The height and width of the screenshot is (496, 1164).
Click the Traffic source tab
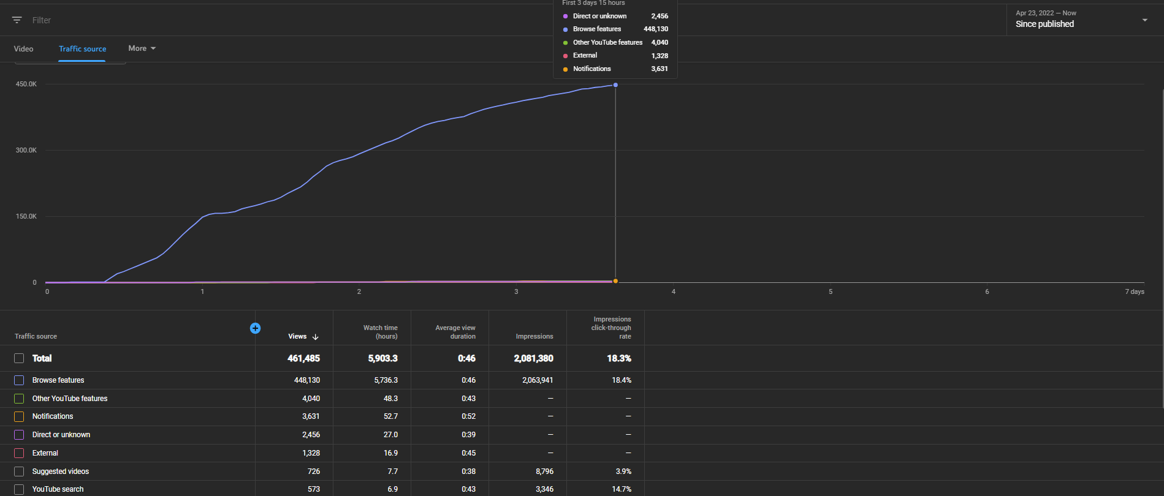82,49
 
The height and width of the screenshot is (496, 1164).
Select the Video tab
24,49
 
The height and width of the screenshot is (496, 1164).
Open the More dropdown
142,48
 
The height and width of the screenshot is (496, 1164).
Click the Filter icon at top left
17,20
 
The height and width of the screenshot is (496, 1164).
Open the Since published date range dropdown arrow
1144,20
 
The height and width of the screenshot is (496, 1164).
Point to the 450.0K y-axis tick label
26,84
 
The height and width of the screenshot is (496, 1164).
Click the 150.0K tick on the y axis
26,216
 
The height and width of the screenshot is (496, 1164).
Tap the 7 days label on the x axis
1135,291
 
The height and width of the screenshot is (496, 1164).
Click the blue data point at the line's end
615,85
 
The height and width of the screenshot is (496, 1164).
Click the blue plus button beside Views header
256,328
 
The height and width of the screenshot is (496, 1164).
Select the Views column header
297,336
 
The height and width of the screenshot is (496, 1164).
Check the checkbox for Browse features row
19,380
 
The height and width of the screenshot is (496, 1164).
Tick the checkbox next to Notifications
19,416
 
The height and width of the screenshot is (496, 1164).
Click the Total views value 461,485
303,358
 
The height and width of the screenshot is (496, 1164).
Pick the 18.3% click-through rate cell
619,358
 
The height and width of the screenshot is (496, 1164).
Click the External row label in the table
45,453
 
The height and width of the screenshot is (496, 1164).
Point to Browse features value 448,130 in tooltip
656,29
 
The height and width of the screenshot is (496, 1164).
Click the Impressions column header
534,336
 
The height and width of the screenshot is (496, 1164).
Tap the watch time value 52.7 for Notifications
390,416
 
